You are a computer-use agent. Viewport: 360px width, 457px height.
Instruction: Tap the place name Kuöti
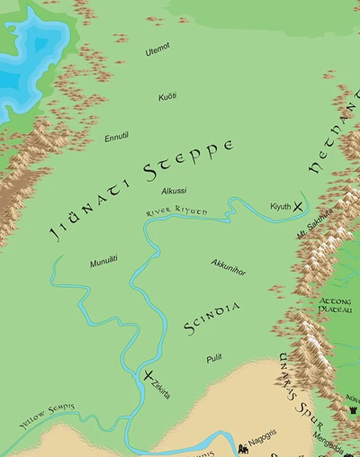tap(167, 96)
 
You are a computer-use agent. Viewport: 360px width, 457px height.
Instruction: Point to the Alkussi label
tap(174, 192)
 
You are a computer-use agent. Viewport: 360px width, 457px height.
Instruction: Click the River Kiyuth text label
tap(176, 211)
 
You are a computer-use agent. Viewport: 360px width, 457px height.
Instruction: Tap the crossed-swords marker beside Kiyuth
tap(299, 208)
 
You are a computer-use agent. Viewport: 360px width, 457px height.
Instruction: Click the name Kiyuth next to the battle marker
tap(281, 206)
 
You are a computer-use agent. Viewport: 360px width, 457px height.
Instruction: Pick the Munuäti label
tap(104, 262)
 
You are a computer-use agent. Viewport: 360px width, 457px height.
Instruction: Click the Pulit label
tap(213, 357)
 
